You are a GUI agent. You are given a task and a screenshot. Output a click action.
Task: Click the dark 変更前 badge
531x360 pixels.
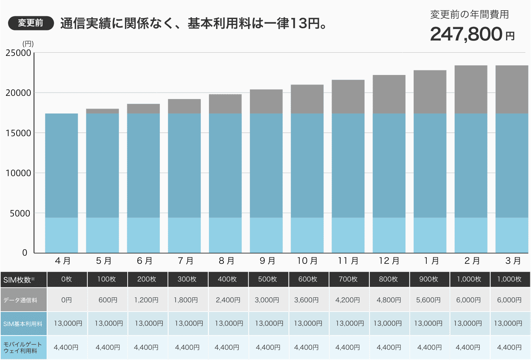(x=31, y=23)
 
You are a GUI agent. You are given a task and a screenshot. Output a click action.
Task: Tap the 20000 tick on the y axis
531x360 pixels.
(x=18, y=93)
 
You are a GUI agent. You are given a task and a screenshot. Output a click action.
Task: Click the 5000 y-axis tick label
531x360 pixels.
(x=20, y=214)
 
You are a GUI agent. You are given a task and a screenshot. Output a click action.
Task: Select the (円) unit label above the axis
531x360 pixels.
(x=28, y=44)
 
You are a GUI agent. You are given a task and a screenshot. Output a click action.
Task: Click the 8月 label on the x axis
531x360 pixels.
(x=226, y=261)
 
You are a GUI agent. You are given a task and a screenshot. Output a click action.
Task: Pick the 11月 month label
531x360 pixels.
(x=348, y=261)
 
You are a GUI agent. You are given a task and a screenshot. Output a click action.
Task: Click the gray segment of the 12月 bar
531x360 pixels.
(x=389, y=94)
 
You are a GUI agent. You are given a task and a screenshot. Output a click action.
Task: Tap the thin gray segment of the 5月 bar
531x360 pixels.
(x=103, y=111)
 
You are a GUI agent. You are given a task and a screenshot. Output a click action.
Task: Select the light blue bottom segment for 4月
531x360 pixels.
(x=62, y=235)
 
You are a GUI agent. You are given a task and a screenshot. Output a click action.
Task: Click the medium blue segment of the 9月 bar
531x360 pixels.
(x=266, y=166)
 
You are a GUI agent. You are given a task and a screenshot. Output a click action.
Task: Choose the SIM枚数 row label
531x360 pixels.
(x=19, y=280)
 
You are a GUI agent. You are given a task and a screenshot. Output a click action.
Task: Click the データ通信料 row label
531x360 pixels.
(x=21, y=300)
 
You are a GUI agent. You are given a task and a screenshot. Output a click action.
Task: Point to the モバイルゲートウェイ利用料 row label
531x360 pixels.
(x=22, y=347)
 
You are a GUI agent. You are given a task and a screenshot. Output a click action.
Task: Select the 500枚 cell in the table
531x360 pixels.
(x=267, y=279)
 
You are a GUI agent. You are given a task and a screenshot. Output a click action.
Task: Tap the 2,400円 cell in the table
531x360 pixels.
(x=228, y=300)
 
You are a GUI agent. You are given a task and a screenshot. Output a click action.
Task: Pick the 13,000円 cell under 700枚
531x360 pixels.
(x=349, y=323)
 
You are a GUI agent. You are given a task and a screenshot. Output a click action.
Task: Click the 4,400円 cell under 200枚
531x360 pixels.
(x=146, y=347)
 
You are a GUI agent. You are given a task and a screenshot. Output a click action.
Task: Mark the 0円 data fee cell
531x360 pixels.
(x=66, y=300)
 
